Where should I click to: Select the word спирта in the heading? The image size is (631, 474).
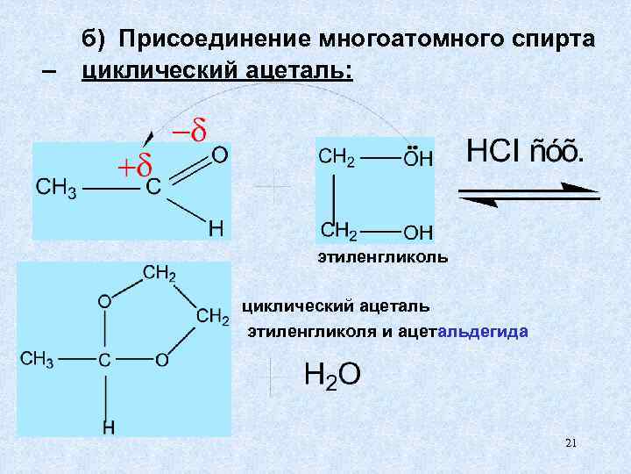pos(553,40)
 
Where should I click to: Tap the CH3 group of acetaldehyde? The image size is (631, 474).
pos(54,188)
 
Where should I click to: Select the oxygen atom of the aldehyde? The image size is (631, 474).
pos(220,155)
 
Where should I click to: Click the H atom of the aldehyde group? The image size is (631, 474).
pos(215,228)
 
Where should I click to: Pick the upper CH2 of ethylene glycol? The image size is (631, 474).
pos(337,157)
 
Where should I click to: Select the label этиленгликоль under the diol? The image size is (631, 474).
pos(382,257)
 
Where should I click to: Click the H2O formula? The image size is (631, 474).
pos(330,375)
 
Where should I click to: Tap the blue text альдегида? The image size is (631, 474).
pos(490,331)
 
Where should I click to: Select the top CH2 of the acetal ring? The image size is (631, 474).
pos(159,275)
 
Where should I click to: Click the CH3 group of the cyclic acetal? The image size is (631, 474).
pos(38,359)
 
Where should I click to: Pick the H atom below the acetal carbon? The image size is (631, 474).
pos(108,428)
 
